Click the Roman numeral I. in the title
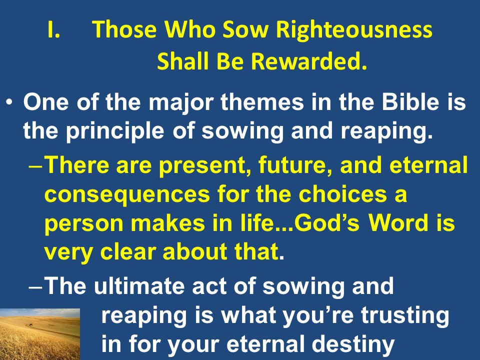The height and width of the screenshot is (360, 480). pyautogui.click(x=53, y=29)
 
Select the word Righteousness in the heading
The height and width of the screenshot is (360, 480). pyautogui.click(x=354, y=30)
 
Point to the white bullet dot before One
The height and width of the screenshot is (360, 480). pyautogui.click(x=9, y=102)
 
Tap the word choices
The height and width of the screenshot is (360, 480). pyautogui.click(x=342, y=193)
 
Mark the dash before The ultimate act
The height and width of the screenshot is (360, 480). pyautogui.click(x=35, y=287)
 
